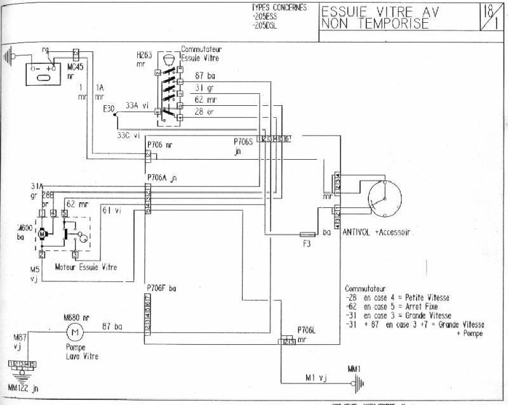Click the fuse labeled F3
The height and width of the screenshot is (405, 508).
tap(307, 234)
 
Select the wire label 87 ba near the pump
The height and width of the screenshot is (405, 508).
tap(112, 326)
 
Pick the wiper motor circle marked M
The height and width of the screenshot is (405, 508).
tap(43, 233)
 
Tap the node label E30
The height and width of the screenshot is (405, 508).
tap(109, 110)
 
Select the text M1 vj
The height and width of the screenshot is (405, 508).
tap(315, 379)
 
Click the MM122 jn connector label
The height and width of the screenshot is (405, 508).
tap(22, 387)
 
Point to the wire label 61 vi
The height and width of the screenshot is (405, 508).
tap(111, 211)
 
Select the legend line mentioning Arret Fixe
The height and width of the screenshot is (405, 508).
tap(394, 306)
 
